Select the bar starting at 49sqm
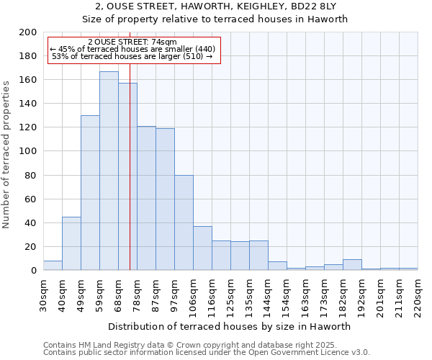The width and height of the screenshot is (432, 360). (90, 192)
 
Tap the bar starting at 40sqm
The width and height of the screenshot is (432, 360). (71, 243)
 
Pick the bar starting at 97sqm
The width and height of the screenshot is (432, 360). (184, 222)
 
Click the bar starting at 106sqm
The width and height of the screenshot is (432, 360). (202, 248)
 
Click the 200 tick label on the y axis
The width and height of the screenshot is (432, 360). (28, 32)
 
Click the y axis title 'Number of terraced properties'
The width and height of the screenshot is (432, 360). (7, 154)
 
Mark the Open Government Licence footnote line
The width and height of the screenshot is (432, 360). (207, 352)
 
